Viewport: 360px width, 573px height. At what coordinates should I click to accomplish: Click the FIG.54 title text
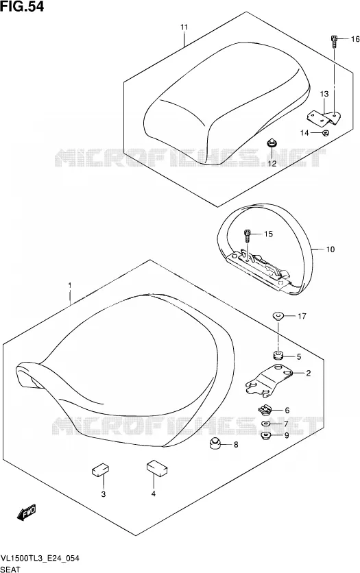pyautogui.click(x=22, y=6)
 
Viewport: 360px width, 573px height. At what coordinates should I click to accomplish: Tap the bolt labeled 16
pyautogui.click(x=334, y=42)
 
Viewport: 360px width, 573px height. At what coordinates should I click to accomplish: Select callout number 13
pyautogui.click(x=324, y=94)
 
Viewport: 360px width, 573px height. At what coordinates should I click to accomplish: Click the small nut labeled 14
pyautogui.click(x=325, y=133)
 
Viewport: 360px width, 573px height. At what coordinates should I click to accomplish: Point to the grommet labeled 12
pyautogui.click(x=272, y=143)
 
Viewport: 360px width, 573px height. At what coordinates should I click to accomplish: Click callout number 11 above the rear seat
pyautogui.click(x=184, y=27)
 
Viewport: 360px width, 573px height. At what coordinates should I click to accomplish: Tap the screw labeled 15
pyautogui.click(x=248, y=235)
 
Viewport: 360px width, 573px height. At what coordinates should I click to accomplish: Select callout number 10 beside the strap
pyautogui.click(x=330, y=249)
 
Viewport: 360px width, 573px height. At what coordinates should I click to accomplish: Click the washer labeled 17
pyautogui.click(x=278, y=315)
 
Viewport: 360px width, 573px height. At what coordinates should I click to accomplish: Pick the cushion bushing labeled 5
pyautogui.click(x=278, y=356)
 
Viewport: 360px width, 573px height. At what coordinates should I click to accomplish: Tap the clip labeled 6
pyautogui.click(x=264, y=410)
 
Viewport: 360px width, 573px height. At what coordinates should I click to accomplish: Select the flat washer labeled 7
pyautogui.click(x=265, y=424)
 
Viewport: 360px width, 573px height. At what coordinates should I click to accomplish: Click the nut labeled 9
pyautogui.click(x=265, y=435)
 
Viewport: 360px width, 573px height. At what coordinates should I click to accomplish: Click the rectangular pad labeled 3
pyautogui.click(x=101, y=470)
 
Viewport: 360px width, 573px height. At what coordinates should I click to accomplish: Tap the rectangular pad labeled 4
pyautogui.click(x=156, y=467)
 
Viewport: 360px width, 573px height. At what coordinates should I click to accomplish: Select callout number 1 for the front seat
pyautogui.click(x=70, y=285)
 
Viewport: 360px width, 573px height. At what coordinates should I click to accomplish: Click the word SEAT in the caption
pyautogui.click(x=10, y=569)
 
